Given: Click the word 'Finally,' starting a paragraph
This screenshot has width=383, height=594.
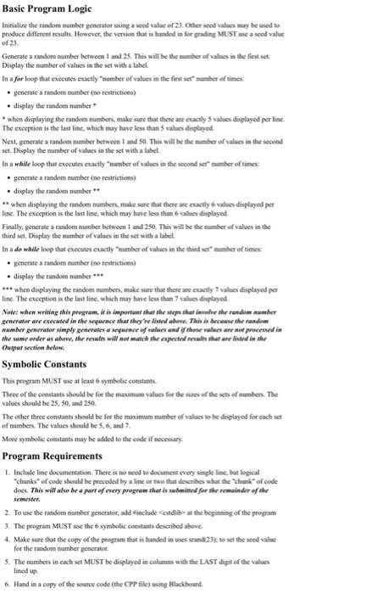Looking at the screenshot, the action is pyautogui.click(x=19, y=240).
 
